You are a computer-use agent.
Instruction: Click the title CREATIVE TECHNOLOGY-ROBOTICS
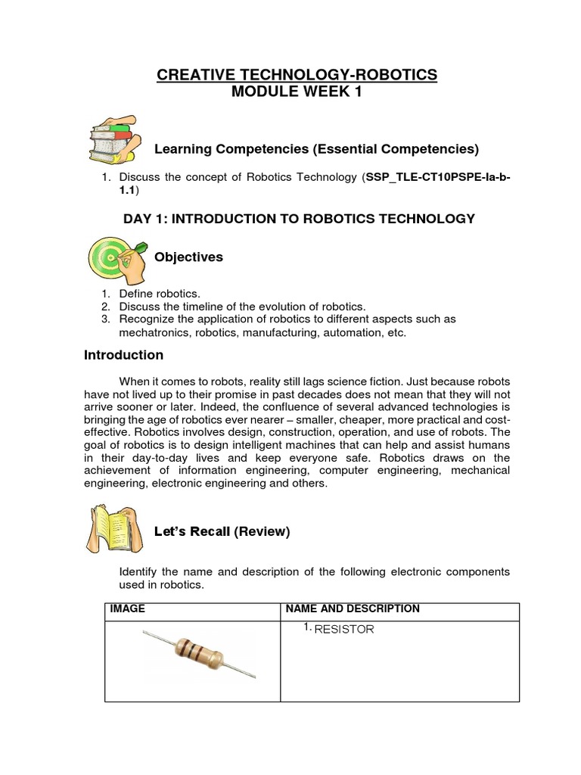[x=297, y=74]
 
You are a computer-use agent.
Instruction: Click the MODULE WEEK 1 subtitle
[x=297, y=92]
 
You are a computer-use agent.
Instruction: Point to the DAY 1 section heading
[x=299, y=219]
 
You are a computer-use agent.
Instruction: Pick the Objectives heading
[x=188, y=257]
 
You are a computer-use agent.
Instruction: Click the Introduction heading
[x=123, y=355]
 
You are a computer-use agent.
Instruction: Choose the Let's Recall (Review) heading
[x=222, y=531]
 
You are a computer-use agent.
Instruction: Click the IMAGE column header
[x=128, y=609]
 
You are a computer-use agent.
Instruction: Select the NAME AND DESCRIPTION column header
[x=352, y=609]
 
